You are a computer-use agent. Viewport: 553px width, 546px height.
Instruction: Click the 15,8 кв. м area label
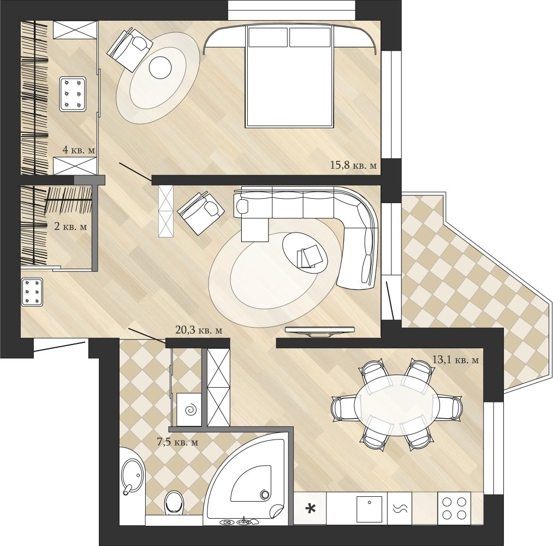point(353,165)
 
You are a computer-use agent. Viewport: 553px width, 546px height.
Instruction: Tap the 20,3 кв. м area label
point(199,330)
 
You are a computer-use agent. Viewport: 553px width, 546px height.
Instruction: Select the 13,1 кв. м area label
point(455,360)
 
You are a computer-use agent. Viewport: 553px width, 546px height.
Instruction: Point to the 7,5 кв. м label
point(177,442)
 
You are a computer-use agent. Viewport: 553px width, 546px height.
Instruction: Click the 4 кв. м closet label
point(79,150)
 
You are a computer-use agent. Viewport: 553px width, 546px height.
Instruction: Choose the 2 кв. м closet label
point(70,226)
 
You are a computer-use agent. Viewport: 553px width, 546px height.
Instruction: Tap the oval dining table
point(397,405)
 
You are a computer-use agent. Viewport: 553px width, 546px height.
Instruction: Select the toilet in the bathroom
point(174,502)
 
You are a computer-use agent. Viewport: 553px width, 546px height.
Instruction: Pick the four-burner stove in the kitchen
point(454,508)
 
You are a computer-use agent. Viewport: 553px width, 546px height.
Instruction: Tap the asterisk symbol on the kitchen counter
point(310,509)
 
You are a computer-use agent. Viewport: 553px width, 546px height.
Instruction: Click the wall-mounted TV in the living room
point(319,331)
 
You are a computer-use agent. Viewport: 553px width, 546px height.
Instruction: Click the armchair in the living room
point(201,213)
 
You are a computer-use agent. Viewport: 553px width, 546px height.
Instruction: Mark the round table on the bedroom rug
point(160,68)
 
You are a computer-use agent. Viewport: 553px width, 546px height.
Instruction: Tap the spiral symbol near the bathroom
point(192,410)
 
